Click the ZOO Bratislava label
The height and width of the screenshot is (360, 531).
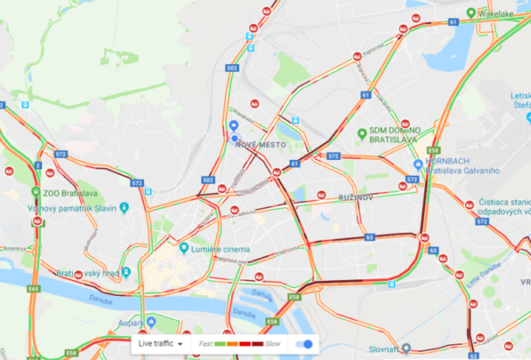pyautogui.click(x=70, y=193)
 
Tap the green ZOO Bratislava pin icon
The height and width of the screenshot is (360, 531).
pyautogui.click(x=34, y=193)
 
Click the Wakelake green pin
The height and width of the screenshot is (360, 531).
pyautogui.click(x=471, y=13)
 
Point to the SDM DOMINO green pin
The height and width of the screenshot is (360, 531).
pyautogui.click(x=361, y=133)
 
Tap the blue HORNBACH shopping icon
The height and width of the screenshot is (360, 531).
pyautogui.click(x=418, y=164)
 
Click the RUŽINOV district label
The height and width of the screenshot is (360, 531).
pyautogui.click(x=356, y=198)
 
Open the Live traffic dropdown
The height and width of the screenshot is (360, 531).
pyautogui.click(x=160, y=344)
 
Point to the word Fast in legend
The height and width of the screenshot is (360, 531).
pyautogui.click(x=205, y=344)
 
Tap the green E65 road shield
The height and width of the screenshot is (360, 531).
pyautogui.click(x=33, y=288)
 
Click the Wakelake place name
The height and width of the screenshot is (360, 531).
pyautogui.click(x=496, y=13)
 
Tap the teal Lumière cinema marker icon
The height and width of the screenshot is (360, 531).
pyautogui.click(x=183, y=249)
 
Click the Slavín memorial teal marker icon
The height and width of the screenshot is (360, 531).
pyautogui.click(x=124, y=208)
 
